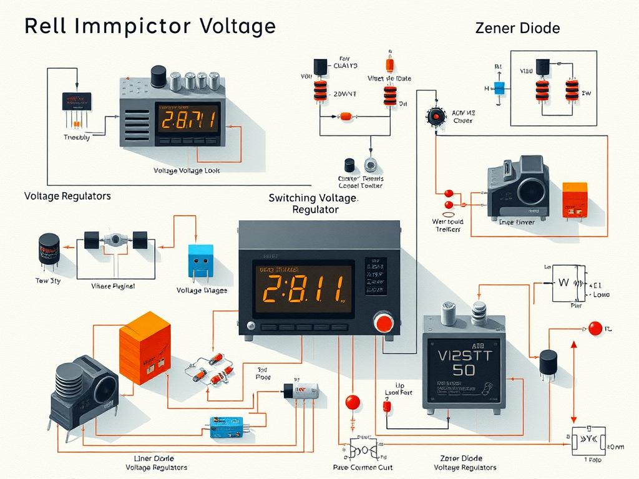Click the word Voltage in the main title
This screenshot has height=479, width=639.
[x=238, y=27]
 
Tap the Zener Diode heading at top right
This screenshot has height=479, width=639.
[x=517, y=28]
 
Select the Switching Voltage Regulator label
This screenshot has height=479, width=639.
[x=313, y=203]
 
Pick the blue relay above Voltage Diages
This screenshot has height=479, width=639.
[x=200, y=261]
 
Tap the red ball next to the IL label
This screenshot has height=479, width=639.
[x=595, y=327]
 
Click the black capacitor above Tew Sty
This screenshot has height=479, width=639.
[x=49, y=248]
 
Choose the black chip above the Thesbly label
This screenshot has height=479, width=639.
[x=76, y=100]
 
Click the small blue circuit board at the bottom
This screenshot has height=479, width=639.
[x=226, y=430]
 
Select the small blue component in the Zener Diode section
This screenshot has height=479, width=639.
[x=499, y=88]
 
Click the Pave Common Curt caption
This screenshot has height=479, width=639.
[x=363, y=467]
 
